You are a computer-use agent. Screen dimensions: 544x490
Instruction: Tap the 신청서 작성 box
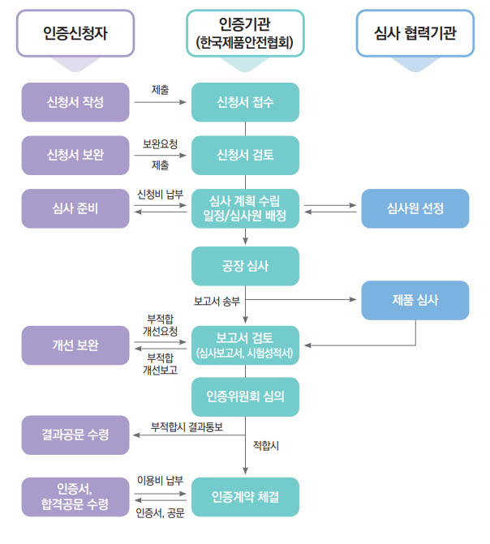[75, 102]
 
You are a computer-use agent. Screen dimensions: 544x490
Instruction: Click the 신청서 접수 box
[245, 102]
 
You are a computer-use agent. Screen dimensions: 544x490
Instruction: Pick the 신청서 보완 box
[75, 155]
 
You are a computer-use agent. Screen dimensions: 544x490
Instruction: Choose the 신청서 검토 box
[245, 155]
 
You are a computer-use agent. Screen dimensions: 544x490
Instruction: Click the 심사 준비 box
[75, 208]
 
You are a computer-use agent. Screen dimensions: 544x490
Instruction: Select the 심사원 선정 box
[415, 208]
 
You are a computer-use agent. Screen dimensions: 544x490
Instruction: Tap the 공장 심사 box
[245, 266]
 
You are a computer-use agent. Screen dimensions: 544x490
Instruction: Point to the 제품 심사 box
[415, 300]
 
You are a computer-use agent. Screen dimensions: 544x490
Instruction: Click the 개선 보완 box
[75, 345]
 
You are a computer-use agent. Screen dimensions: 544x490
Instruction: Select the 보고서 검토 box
[245, 345]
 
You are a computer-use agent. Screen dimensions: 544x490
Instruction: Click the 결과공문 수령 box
[75, 435]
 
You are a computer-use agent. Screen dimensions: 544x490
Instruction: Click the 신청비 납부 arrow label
[160, 195]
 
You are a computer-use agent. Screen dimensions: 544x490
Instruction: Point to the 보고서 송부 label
[216, 298]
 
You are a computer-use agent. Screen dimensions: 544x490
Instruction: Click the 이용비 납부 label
[160, 480]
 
